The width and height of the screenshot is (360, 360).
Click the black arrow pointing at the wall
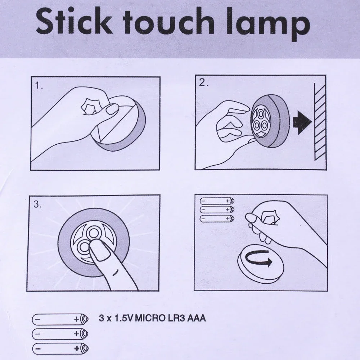pyautogui.click(x=302, y=122)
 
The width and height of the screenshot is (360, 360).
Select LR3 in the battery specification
pyautogui.click(x=172, y=318)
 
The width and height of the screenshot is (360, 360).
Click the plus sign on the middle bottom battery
pyautogui.click(x=76, y=334)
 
